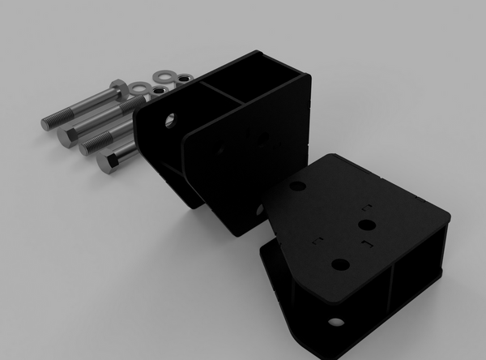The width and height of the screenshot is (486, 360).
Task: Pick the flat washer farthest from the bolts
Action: click(165, 75)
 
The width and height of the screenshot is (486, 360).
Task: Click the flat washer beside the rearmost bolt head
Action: click(140, 87)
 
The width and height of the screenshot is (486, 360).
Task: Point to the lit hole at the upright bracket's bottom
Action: click(259, 210)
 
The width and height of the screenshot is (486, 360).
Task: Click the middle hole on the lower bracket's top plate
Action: click(366, 225)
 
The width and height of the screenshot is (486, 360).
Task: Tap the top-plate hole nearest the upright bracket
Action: click(297, 186)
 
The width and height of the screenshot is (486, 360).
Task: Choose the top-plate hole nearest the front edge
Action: click(340, 264)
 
